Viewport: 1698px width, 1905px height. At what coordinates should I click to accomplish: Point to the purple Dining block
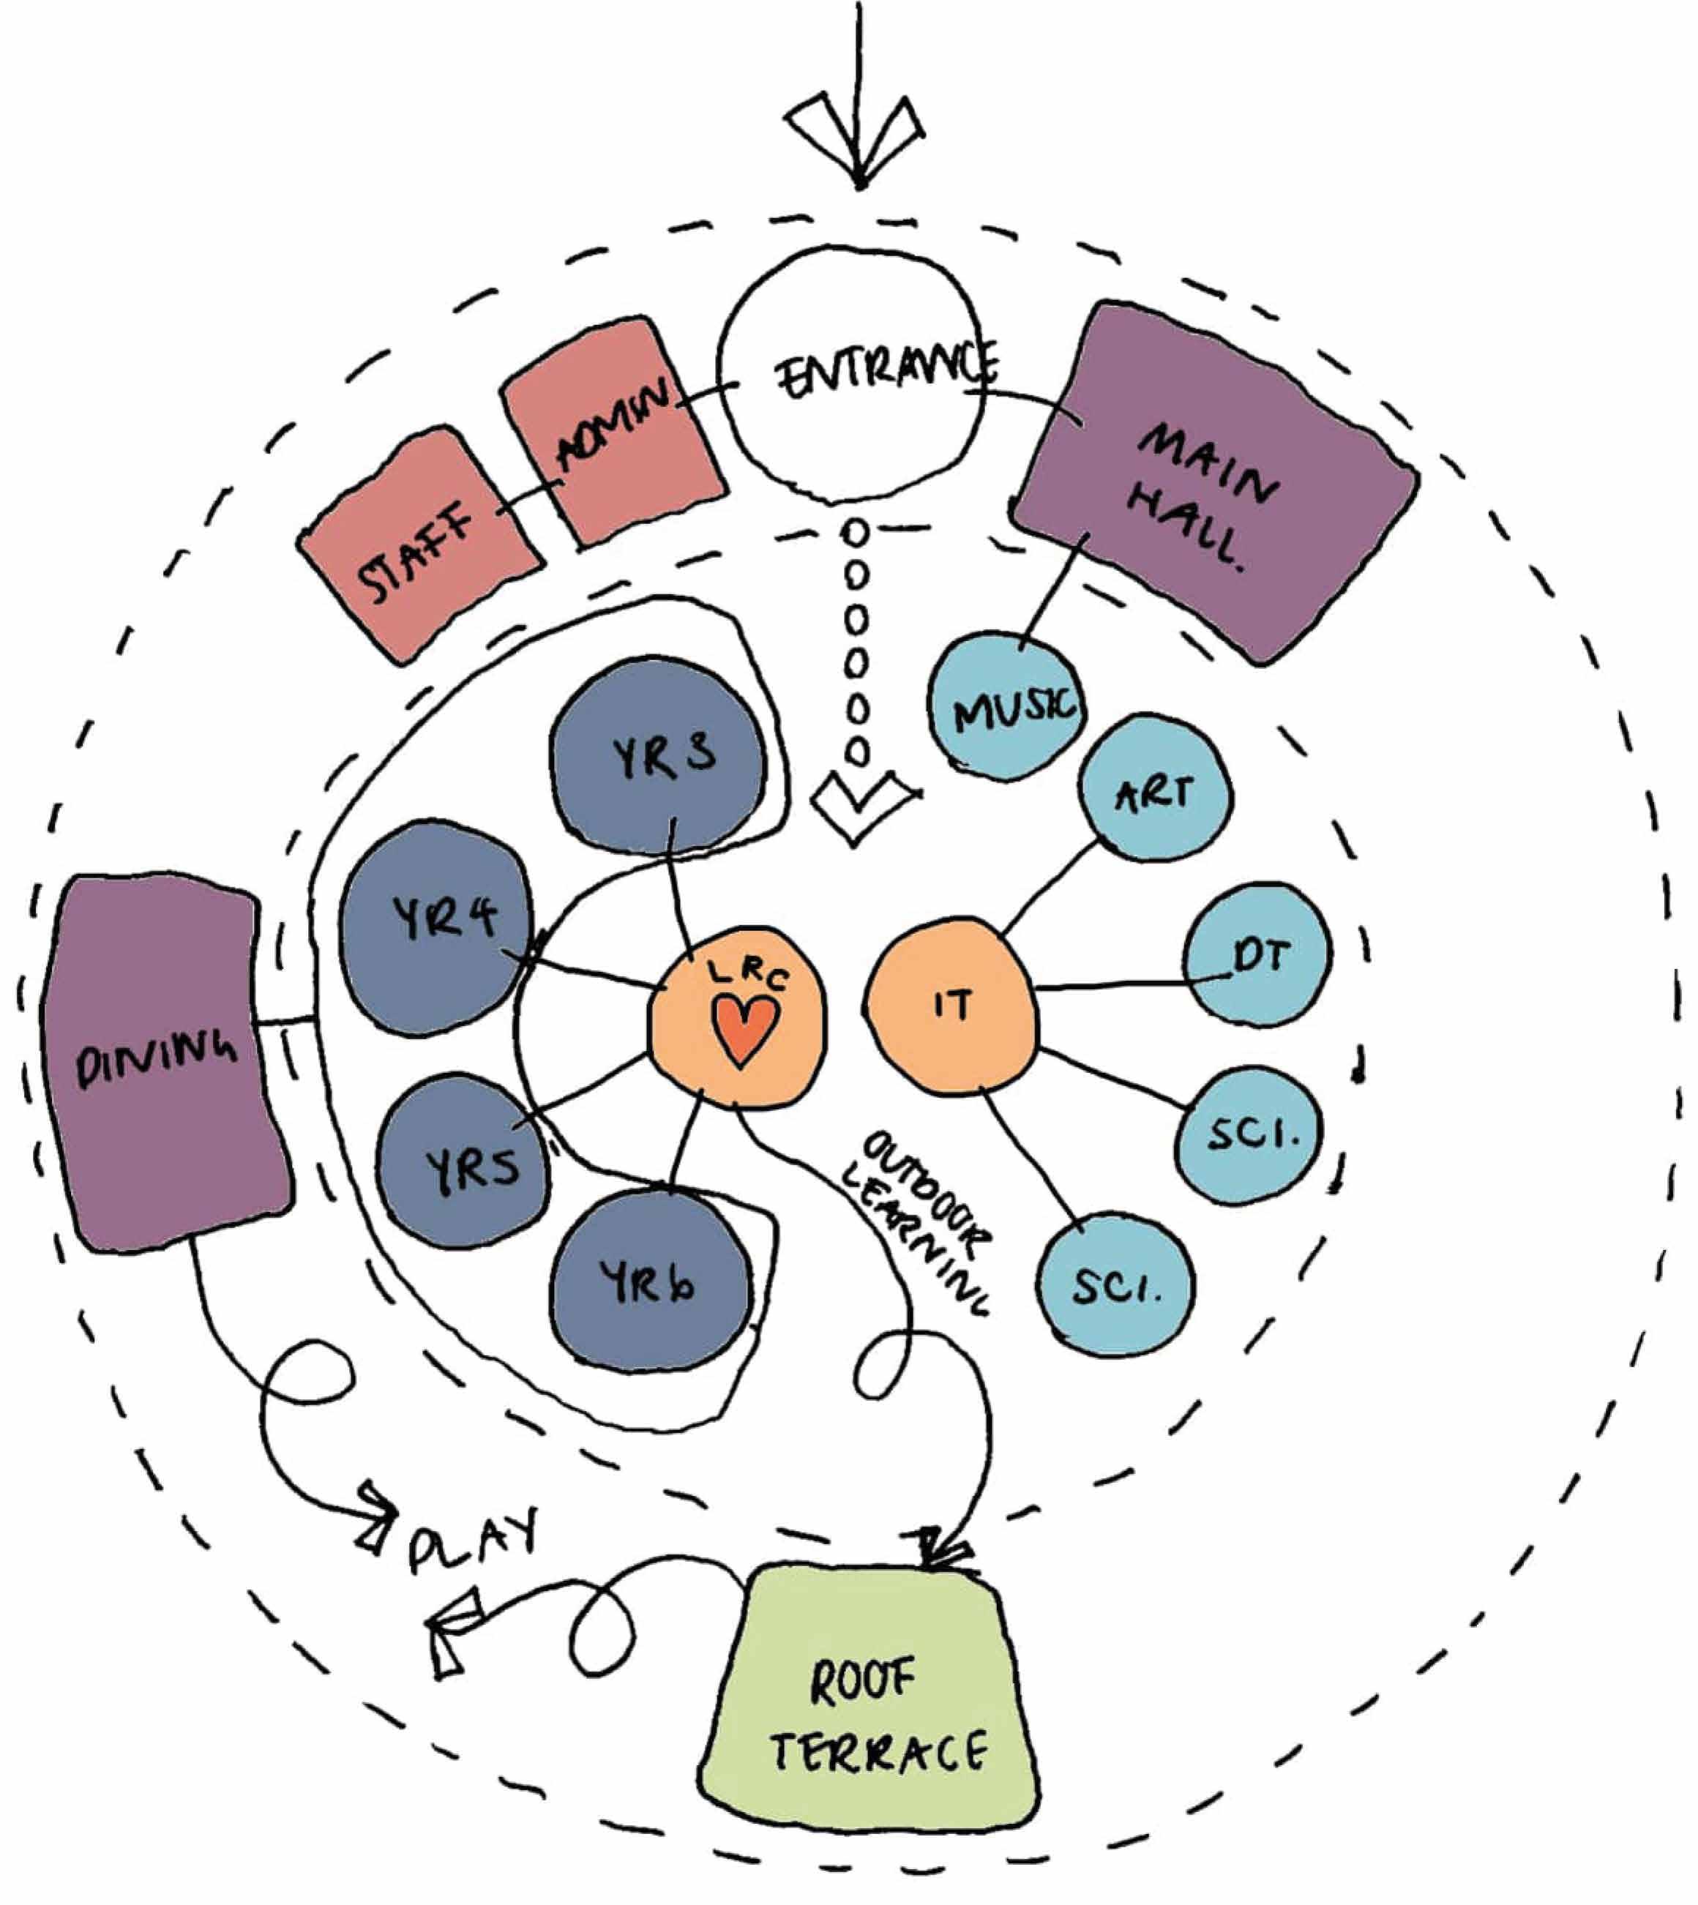(x=163, y=1063)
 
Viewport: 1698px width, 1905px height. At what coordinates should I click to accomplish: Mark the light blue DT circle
(x=1260, y=954)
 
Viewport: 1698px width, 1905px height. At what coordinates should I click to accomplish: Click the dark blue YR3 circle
(x=658, y=756)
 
